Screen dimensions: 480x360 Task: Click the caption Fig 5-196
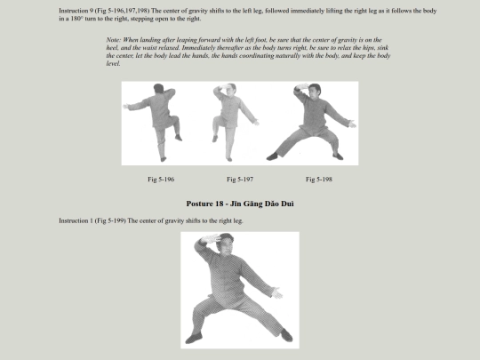pos(161,180)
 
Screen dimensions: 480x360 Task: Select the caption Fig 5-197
pos(240,180)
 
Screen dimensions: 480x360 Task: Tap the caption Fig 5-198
pos(319,180)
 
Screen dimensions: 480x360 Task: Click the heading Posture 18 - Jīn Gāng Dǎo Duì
pos(240,204)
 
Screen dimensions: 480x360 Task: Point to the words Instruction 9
pos(76,11)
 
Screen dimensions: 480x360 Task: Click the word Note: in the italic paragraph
pos(114,40)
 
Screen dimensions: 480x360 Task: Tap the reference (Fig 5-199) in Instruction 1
pos(110,220)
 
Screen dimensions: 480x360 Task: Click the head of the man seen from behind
pos(158,89)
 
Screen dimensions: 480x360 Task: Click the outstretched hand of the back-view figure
pos(126,107)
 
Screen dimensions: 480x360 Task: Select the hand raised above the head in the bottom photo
pos(210,238)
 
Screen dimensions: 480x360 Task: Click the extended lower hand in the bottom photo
pos(277,293)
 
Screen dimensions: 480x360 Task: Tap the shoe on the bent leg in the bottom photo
pos(194,339)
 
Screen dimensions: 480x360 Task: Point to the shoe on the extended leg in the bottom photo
pos(286,335)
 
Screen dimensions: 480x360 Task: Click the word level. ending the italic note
pos(113,64)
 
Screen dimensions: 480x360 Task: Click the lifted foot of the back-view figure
pos(179,138)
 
